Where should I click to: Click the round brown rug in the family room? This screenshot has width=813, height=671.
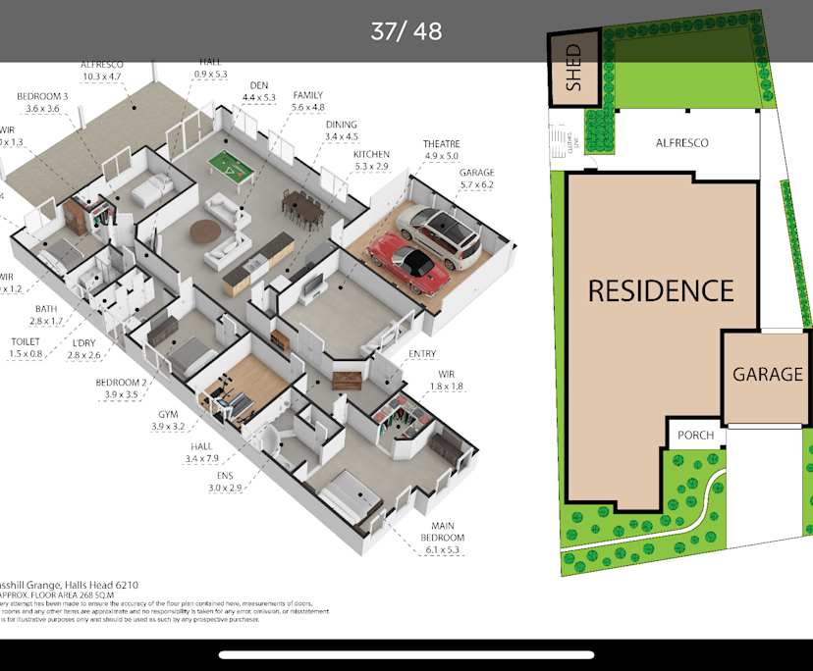[x=206, y=231]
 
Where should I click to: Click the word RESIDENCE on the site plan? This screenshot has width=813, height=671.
[x=661, y=290]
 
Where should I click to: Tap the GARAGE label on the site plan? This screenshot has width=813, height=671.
[x=768, y=374]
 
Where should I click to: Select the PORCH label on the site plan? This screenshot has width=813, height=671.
[x=696, y=435]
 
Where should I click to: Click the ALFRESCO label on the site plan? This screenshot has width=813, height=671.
[x=681, y=143]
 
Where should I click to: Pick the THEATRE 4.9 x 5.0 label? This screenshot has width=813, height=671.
[x=441, y=149]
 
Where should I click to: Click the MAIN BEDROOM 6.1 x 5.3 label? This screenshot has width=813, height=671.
[x=440, y=544]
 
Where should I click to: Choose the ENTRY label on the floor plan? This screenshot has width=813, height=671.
[x=421, y=353]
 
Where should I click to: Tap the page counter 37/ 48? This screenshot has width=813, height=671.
[x=406, y=30]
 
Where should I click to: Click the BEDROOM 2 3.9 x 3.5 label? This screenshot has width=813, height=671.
[x=121, y=388]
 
